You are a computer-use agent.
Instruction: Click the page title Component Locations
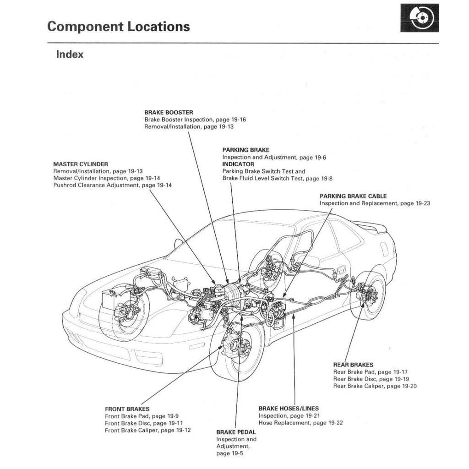pos(118,27)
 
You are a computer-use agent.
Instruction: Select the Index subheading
pos(70,54)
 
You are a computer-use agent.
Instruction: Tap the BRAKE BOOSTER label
pos(169,112)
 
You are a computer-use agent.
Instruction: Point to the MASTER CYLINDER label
pos(81,164)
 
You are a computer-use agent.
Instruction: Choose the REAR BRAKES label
pos(353,365)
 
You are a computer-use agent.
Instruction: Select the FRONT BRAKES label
pos(127,409)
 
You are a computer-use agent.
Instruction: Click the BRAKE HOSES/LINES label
pos(289,408)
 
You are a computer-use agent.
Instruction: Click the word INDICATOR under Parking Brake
pos(238,164)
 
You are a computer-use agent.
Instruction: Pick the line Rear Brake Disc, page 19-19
pos(371,379)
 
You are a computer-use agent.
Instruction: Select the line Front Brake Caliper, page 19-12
pos(147,430)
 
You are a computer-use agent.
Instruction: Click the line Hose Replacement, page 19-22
pos(300,423)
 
